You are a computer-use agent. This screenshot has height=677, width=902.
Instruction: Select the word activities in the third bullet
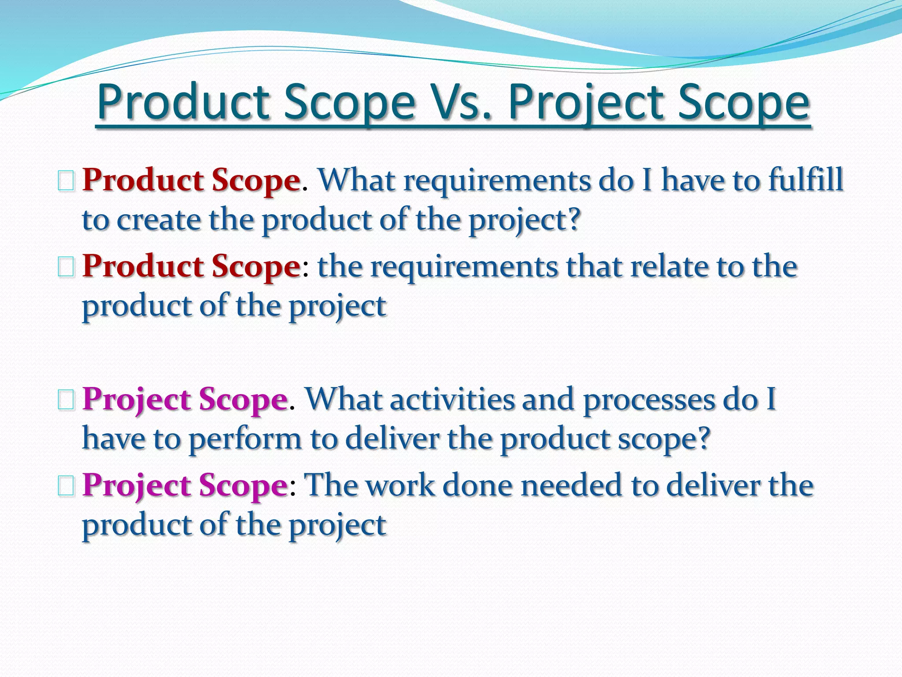[452, 399]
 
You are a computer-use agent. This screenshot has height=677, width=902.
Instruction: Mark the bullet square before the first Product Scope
[66, 182]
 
